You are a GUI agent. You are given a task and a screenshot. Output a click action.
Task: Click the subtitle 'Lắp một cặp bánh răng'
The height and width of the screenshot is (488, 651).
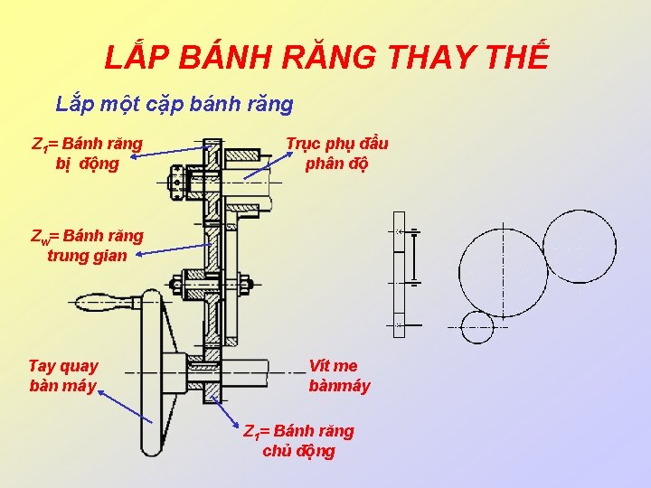tap(175, 104)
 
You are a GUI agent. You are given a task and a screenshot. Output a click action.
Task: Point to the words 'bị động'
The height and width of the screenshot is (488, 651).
tap(87, 164)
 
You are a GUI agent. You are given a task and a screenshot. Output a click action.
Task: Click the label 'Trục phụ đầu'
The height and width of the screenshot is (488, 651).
tap(337, 144)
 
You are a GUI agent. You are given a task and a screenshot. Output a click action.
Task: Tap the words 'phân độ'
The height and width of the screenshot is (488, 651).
tap(337, 164)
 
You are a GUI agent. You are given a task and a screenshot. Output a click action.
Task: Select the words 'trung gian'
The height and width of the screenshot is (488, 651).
tap(87, 255)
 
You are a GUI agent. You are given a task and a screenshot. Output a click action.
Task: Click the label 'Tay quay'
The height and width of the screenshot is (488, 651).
tap(63, 366)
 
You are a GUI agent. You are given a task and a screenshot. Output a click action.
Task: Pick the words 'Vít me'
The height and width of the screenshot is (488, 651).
tap(333, 366)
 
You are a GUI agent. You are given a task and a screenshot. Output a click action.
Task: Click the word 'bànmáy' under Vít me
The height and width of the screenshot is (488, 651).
tap(339, 386)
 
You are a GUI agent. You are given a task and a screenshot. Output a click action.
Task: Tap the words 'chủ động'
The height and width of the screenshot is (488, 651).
tap(298, 451)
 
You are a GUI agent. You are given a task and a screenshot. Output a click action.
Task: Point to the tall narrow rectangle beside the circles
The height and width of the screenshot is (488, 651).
tap(399, 274)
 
